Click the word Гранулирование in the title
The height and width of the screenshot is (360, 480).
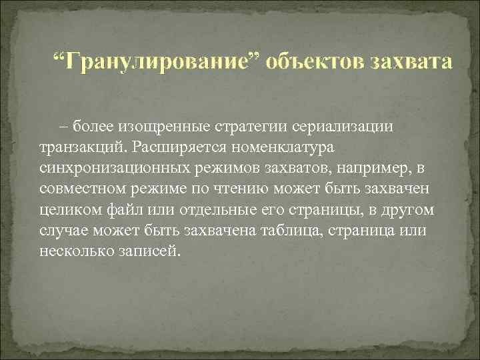(x=160, y=63)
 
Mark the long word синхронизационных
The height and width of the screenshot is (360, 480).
(x=111, y=167)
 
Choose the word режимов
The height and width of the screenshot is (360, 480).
(x=221, y=167)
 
